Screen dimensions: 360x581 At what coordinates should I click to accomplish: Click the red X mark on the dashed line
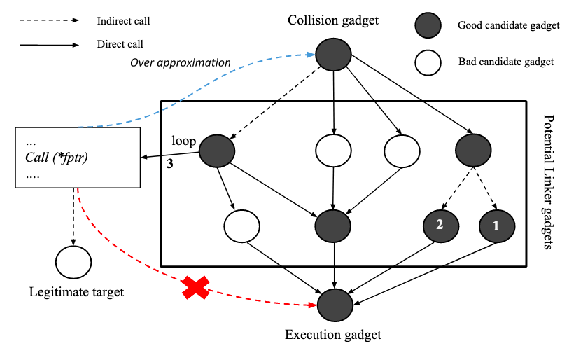coord(195,287)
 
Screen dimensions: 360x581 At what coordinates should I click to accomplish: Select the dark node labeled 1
coord(497,226)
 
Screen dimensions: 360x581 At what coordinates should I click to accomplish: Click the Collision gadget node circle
coord(334,53)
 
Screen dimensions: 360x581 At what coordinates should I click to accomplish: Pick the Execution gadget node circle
coord(334,305)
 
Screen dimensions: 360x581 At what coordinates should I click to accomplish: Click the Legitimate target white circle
coord(72,262)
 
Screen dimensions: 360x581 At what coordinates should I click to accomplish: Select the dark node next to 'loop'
coord(217,150)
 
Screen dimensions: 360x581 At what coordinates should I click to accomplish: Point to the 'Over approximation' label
coord(181,63)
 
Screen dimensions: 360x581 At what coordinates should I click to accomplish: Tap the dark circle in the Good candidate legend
coord(427,26)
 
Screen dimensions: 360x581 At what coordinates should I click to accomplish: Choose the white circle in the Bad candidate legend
coord(427,62)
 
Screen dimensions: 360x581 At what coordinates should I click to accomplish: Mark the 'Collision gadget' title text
coord(333,20)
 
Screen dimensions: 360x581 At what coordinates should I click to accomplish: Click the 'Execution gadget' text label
coord(333,335)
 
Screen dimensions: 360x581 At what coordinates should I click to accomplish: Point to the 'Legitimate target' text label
coord(76,292)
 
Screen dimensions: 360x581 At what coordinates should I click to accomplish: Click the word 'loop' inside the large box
coord(183,141)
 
